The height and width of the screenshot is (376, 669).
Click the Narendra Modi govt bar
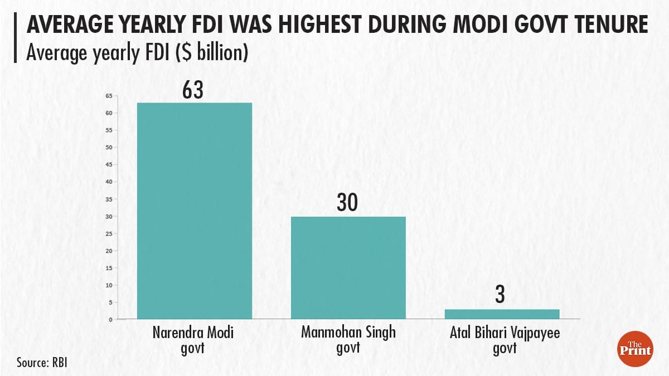coord(195,211)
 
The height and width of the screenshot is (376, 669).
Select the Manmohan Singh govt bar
coord(348,267)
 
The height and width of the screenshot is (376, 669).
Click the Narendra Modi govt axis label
coord(193,340)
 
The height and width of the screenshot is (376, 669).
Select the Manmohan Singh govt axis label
coord(348,340)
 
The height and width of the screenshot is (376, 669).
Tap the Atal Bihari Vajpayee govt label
coord(502,340)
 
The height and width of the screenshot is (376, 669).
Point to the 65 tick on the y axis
coord(109,96)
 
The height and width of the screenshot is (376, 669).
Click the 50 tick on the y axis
coord(109,148)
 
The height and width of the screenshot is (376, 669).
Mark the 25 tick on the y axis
coord(109,233)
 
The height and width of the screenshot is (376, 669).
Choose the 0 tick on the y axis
coord(110,320)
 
